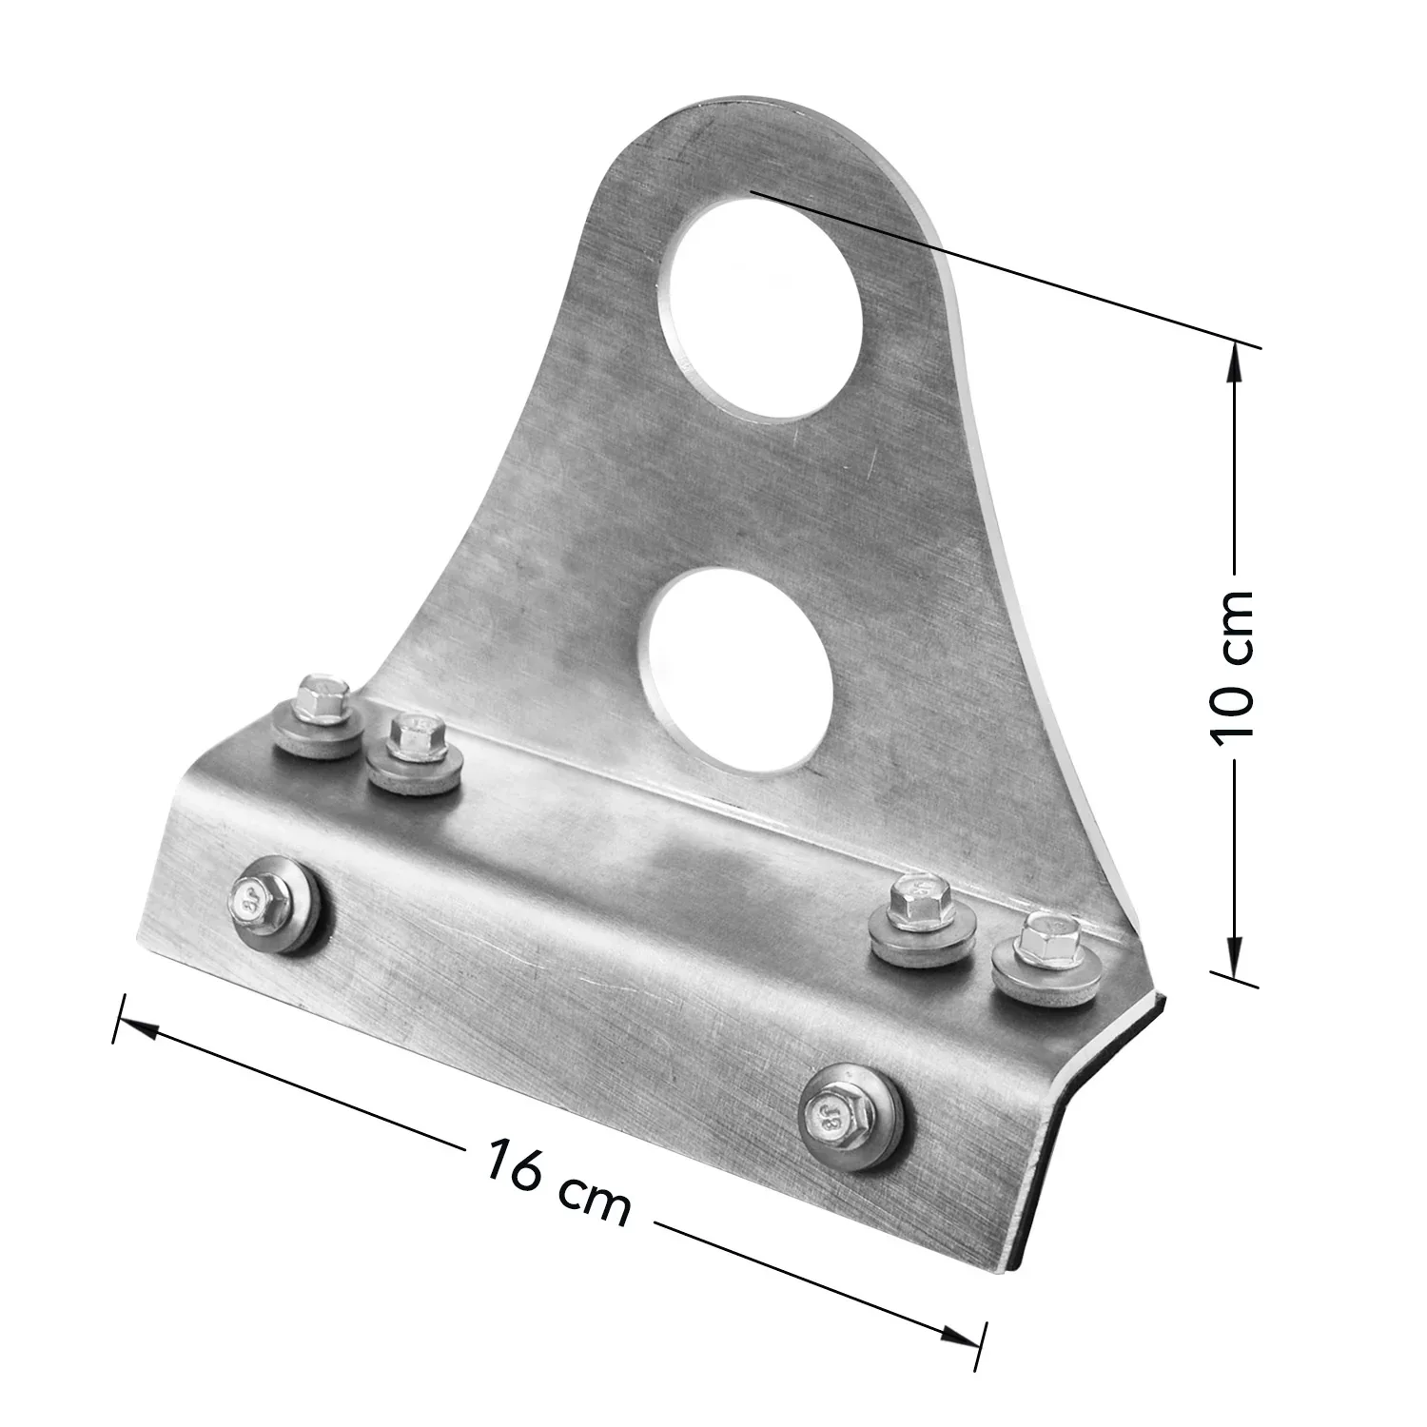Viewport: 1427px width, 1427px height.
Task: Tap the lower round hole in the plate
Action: (x=735, y=668)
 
